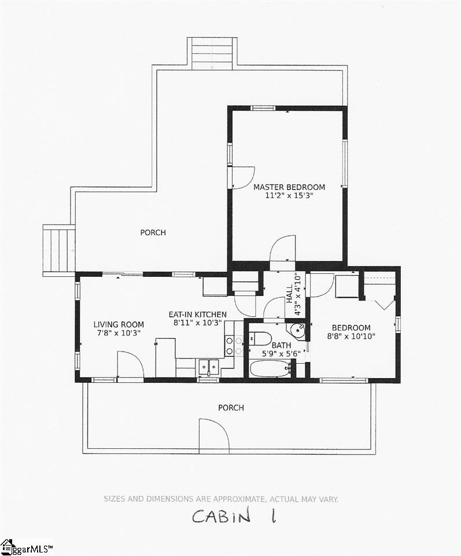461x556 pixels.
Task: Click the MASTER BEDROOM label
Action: coord(289,187)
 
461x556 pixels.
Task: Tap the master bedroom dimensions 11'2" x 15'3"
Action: coord(290,196)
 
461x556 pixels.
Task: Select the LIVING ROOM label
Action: coord(119,324)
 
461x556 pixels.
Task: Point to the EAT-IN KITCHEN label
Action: coord(197,314)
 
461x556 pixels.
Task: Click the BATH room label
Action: coord(282,345)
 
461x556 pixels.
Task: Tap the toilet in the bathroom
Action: coord(260,338)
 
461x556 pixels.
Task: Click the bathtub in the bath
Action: coord(270,369)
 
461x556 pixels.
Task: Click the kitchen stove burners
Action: coord(234,346)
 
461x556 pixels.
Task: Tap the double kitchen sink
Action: coord(209,367)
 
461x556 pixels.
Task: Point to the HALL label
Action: coord(290,293)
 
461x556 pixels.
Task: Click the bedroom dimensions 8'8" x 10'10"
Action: coord(351,336)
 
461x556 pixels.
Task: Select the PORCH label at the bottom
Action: coord(231,408)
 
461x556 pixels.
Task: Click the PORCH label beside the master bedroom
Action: coord(153,233)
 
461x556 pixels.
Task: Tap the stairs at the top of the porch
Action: coord(212,53)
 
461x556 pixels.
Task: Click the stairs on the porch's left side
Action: coord(59,250)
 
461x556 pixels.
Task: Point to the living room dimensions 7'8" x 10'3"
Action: coord(119,333)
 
